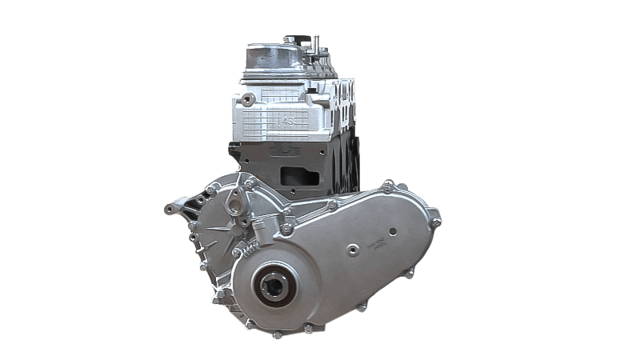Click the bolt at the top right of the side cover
coord(387,186)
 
